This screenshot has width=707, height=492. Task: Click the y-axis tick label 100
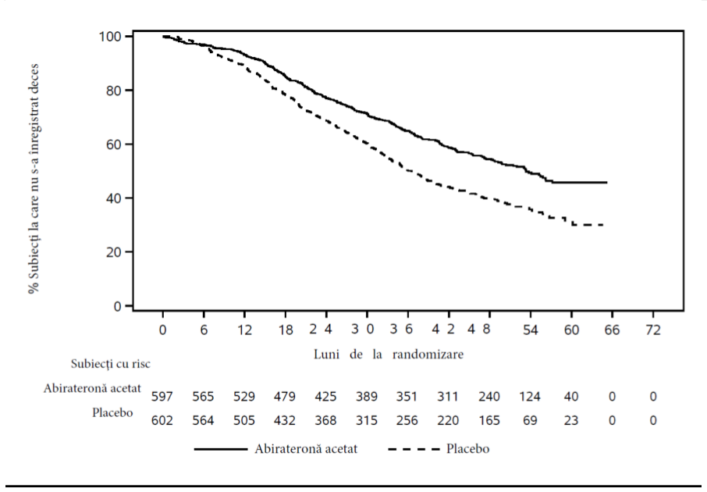pyautogui.click(x=110, y=36)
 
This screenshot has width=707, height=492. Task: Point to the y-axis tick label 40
pyautogui.click(x=114, y=198)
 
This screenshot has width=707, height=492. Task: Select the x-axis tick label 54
pyautogui.click(x=531, y=330)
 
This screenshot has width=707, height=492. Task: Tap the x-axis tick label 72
pyautogui.click(x=653, y=330)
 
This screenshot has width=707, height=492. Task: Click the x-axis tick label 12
pyautogui.click(x=244, y=330)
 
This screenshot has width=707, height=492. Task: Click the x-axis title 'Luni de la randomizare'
pyautogui.click(x=388, y=354)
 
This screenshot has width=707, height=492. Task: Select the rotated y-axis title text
pyautogui.click(x=34, y=179)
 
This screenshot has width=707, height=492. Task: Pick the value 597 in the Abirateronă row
pyautogui.click(x=162, y=396)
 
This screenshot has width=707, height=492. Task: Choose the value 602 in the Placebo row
pyautogui.click(x=162, y=420)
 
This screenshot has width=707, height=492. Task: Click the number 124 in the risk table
pyautogui.click(x=529, y=396)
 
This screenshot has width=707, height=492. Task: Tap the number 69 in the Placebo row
pyautogui.click(x=531, y=420)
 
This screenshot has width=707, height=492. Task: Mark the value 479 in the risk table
pyautogui.click(x=285, y=396)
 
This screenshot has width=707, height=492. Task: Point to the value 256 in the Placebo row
pyautogui.click(x=407, y=420)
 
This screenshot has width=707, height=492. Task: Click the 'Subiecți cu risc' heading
pyautogui.click(x=111, y=364)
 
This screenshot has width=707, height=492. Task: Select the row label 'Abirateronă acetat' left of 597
pyautogui.click(x=92, y=388)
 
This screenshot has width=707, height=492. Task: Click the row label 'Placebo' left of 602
pyautogui.click(x=112, y=412)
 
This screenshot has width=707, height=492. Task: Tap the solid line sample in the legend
pyautogui.click(x=221, y=449)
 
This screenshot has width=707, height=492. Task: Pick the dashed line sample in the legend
pyautogui.click(x=414, y=449)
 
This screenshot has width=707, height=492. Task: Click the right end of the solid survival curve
pyautogui.click(x=607, y=183)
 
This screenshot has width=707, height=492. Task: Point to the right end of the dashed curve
pyautogui.click(x=603, y=225)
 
